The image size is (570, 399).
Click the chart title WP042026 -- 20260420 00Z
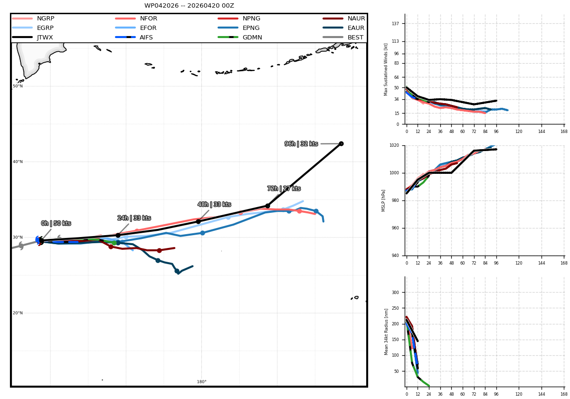point(189,6)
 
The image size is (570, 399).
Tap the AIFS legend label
point(146,38)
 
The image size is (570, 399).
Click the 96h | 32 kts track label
point(301,144)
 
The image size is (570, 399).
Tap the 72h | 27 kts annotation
point(284,189)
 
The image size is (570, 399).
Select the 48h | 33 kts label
point(214,204)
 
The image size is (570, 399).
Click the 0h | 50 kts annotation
point(56,223)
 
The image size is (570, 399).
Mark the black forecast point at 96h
point(341,144)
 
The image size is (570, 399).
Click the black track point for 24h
point(118,236)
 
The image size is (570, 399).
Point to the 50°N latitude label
point(18,86)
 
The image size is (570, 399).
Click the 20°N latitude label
point(18,313)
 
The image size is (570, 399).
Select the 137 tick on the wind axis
point(395,23)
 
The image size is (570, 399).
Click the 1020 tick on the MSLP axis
point(394,145)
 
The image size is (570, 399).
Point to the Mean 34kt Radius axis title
point(386,332)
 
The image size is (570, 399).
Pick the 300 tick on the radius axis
point(395,293)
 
